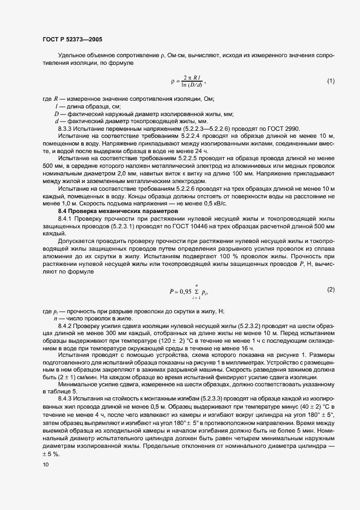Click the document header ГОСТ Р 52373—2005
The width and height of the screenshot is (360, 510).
pyautogui.click(x=72, y=40)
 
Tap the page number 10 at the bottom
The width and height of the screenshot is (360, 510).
pyautogui.click(x=45, y=464)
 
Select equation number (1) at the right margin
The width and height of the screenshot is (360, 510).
pyautogui.click(x=331, y=81)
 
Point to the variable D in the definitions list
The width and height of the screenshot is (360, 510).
pyautogui.click(x=56, y=113)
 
